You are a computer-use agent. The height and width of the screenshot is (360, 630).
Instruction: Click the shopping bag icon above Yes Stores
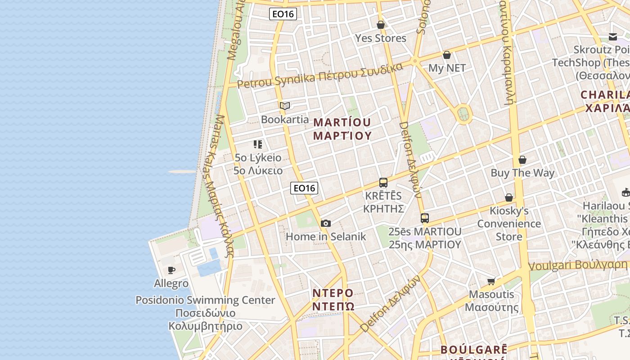click(x=381, y=25)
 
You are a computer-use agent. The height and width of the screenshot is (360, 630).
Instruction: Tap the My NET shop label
click(x=447, y=68)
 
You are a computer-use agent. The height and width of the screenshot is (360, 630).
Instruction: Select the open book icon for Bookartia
click(x=284, y=106)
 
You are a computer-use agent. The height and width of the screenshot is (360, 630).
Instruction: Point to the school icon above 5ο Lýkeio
click(x=257, y=144)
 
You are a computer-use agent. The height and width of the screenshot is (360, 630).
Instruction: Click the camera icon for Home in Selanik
click(x=326, y=223)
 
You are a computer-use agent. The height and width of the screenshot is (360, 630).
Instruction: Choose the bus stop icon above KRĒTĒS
click(x=383, y=183)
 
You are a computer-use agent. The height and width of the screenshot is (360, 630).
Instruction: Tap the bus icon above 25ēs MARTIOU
click(x=424, y=218)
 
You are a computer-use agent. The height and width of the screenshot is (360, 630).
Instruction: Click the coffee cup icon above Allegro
click(x=171, y=270)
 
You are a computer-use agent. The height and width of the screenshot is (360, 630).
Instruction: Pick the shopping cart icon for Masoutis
click(x=491, y=281)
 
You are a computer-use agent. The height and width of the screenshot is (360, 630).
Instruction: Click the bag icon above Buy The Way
click(x=522, y=160)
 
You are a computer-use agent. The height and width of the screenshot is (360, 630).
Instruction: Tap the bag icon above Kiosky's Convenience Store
click(x=509, y=198)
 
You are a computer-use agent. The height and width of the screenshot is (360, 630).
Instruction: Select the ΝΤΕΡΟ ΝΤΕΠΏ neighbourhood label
click(x=333, y=300)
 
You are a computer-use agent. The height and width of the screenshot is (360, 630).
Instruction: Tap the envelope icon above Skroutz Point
click(x=613, y=36)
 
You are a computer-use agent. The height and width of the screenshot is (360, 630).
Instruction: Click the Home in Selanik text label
click(x=326, y=236)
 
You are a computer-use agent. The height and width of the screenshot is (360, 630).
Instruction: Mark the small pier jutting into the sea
click(x=183, y=171)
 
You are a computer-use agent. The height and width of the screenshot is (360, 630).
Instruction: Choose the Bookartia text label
click(x=285, y=119)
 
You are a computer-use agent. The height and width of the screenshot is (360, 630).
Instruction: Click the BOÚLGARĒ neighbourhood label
click(x=474, y=350)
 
